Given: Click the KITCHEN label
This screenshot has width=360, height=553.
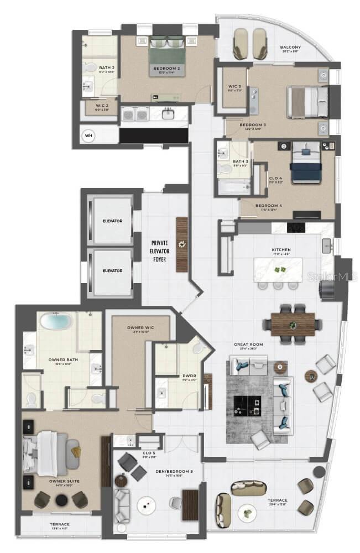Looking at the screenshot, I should [281, 250].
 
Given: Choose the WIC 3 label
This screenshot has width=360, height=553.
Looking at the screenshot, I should [234, 86].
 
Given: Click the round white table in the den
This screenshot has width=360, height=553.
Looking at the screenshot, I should [146, 504].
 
